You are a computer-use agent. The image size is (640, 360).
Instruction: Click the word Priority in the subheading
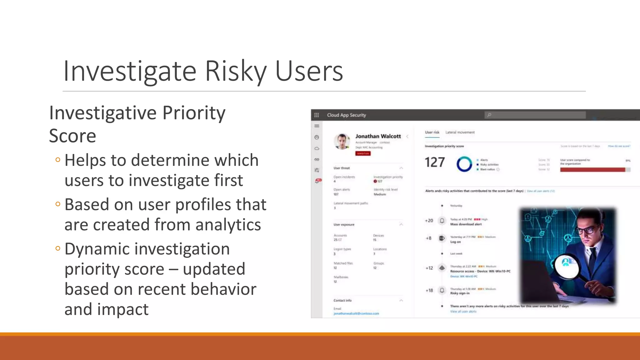(194, 113)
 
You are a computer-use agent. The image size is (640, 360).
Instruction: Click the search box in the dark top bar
(535, 115)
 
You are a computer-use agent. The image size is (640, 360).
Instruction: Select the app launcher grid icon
(317, 115)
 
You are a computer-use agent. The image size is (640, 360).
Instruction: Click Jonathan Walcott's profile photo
(342, 141)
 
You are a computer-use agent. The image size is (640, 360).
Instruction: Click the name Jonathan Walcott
(378, 136)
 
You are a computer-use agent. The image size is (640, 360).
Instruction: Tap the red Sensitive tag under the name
(363, 153)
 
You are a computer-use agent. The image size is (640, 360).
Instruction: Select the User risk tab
(432, 132)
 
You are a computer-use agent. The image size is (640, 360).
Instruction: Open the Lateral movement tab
(460, 132)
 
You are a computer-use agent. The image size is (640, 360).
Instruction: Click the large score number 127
(434, 162)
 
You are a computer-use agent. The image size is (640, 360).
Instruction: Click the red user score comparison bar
(592, 170)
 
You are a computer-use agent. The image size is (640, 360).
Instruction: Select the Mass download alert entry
(466, 224)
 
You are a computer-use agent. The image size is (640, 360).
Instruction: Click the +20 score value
(429, 221)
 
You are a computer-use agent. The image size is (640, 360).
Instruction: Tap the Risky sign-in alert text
(460, 293)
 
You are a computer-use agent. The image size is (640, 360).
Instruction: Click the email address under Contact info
(356, 313)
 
